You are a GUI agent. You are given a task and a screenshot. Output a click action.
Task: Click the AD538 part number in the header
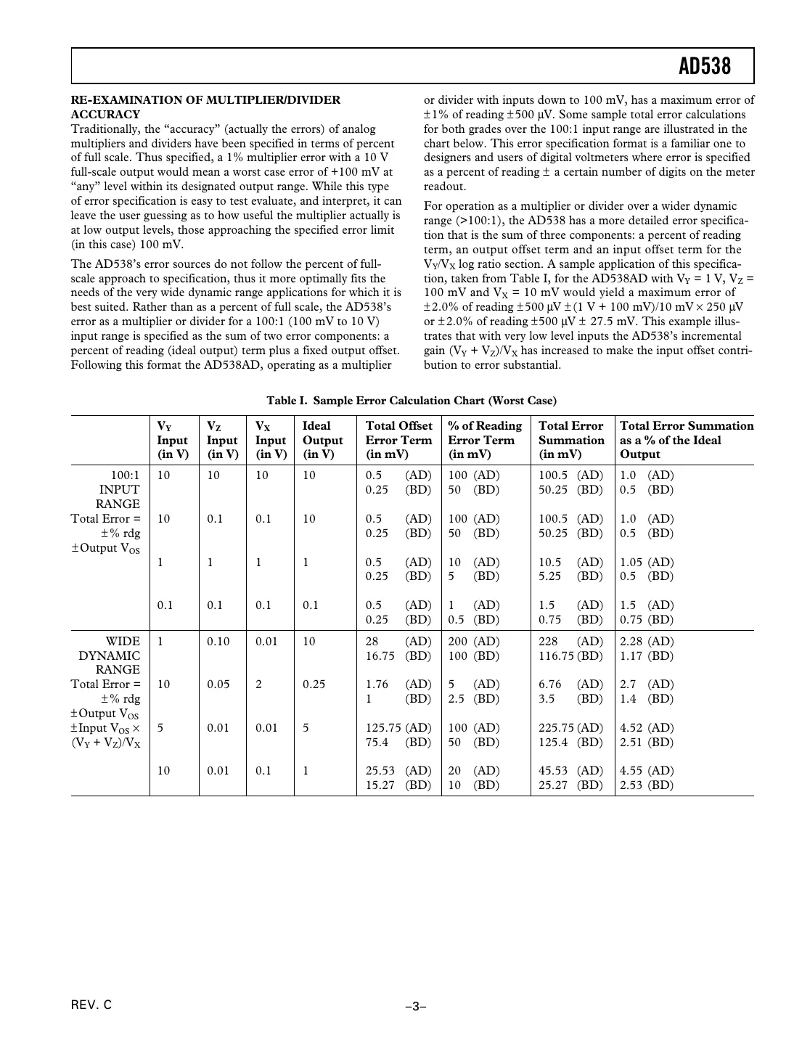click(x=705, y=67)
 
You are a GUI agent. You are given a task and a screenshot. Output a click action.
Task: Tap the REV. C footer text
click(x=91, y=1005)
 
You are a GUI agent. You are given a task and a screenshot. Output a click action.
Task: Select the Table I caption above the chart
click(x=412, y=401)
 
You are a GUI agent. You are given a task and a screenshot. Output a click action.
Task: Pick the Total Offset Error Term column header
click(x=398, y=440)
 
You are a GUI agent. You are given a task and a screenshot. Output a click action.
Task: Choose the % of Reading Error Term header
click(x=484, y=440)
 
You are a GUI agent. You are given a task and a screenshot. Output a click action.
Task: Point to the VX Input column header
click(x=270, y=440)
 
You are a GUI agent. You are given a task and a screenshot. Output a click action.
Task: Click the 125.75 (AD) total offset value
click(x=398, y=727)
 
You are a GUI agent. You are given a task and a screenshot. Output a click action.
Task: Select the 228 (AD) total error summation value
click(x=570, y=642)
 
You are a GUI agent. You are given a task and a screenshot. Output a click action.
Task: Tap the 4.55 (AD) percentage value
click(x=647, y=771)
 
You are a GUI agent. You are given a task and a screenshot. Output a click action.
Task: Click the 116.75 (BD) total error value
click(x=570, y=656)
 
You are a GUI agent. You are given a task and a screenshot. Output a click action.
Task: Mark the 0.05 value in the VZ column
click(x=218, y=684)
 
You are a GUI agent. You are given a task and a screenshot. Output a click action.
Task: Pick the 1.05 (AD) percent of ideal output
click(x=647, y=563)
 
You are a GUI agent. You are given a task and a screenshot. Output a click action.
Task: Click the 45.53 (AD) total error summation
click(x=570, y=771)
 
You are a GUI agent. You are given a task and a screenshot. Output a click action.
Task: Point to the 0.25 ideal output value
click(x=314, y=684)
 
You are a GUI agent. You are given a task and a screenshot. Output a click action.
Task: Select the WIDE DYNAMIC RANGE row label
click(x=110, y=655)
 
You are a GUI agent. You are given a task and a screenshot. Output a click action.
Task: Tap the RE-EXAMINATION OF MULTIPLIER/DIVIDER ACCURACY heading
click(x=205, y=107)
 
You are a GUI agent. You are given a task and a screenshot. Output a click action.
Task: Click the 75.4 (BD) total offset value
click(x=398, y=743)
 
